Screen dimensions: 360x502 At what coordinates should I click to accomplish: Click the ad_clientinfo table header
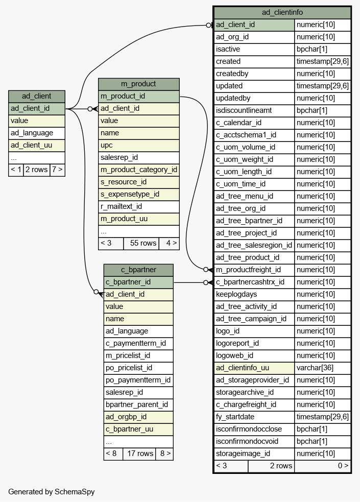point(282,12)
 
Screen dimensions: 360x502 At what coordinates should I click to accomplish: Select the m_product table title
point(138,84)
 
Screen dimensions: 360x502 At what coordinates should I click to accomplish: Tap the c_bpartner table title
point(138,270)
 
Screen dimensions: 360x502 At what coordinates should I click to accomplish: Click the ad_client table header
point(36,97)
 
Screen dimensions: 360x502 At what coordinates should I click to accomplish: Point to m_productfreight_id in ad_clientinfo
point(248,270)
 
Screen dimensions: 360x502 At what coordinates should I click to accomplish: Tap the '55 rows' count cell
point(142,243)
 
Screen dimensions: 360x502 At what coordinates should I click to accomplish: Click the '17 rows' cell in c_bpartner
point(140,453)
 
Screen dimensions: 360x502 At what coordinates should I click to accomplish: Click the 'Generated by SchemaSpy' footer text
point(52,492)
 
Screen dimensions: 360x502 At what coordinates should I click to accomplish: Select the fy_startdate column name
point(235,417)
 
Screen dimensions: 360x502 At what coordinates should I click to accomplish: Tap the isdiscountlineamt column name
point(244,111)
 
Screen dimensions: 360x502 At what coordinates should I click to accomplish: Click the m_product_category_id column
point(138,170)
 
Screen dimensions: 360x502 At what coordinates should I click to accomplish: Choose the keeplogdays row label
point(236,295)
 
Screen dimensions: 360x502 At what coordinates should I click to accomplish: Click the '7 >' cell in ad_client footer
point(57,170)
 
